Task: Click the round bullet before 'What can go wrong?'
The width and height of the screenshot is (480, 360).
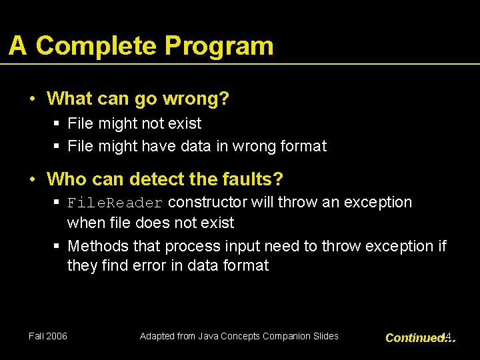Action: point(33,99)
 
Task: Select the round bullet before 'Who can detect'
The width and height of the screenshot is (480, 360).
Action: point(33,179)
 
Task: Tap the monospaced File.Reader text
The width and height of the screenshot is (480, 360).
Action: point(115,203)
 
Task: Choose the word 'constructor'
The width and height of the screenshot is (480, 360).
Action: point(208,202)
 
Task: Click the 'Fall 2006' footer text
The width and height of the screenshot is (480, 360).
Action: point(48,336)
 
